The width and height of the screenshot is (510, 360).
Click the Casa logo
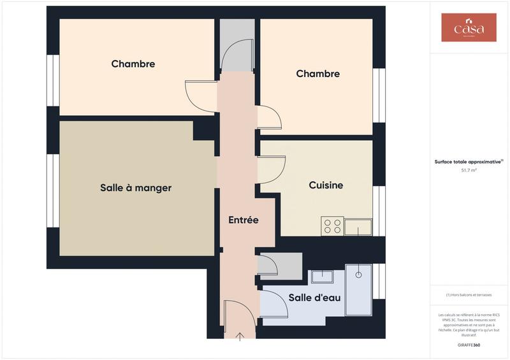[469, 27]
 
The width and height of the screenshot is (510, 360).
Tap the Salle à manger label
[136, 188]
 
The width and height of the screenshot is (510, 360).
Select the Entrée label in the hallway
[244, 220]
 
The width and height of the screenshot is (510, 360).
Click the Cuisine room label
[326, 185]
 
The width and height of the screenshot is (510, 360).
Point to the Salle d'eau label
[314, 298]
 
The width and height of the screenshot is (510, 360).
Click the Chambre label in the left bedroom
[133, 64]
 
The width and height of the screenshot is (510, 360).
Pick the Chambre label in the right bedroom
[317, 74]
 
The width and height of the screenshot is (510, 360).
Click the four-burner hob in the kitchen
[332, 226]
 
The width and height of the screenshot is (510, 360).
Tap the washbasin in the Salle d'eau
[322, 277]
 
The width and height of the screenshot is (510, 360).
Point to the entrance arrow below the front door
[240, 336]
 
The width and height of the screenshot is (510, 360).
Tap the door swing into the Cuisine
[270, 171]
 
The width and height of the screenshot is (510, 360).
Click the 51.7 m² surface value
[469, 171]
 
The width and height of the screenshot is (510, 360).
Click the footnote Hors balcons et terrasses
[469, 294]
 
